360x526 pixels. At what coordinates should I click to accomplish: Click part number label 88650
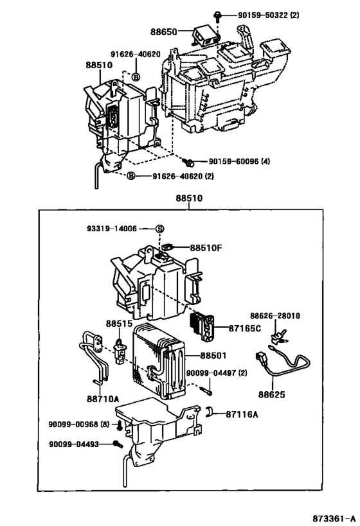tap(163, 32)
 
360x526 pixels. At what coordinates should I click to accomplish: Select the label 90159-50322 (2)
tap(268, 15)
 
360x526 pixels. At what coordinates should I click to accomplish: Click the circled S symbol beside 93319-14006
tap(160, 229)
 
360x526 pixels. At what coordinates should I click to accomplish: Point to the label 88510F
tap(206, 248)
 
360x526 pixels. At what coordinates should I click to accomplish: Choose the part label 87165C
tap(244, 328)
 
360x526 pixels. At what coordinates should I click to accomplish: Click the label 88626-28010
tap(275, 316)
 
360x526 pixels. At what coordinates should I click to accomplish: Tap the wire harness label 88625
tap(271, 394)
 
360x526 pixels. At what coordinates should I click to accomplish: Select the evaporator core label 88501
tap(213, 356)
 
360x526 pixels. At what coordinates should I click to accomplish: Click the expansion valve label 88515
tap(119, 324)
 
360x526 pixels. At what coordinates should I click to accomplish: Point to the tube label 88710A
tap(103, 399)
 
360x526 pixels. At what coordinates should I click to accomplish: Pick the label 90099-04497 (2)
tap(217, 373)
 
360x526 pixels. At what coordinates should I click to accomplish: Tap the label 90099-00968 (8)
tap(79, 425)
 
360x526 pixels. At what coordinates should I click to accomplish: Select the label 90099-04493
tap(74, 444)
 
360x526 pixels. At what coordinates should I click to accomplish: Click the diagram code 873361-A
tap(334, 519)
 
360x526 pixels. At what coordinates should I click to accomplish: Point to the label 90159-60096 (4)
tap(239, 162)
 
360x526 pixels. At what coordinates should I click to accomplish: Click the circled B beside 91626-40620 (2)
tap(131, 176)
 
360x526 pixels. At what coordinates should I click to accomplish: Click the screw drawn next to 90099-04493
tap(118, 444)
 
